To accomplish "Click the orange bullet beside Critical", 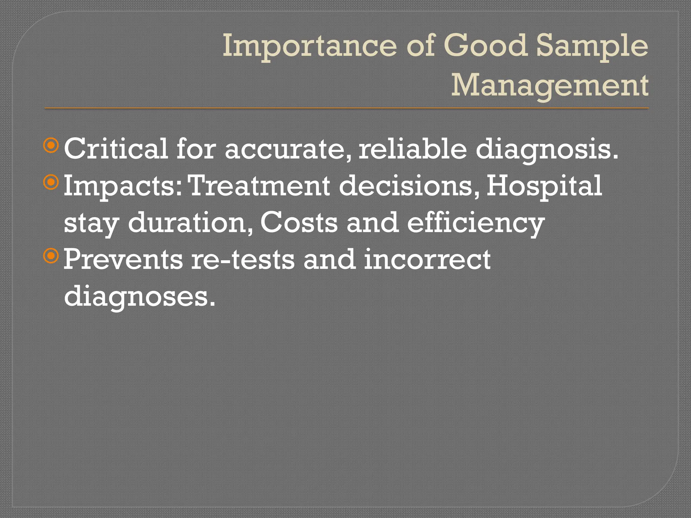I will click(51, 146).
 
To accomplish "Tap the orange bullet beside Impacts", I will click(51, 183).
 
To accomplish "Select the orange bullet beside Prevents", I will click(51, 256).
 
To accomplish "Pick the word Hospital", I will click(544, 186).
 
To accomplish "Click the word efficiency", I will click(475, 224).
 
